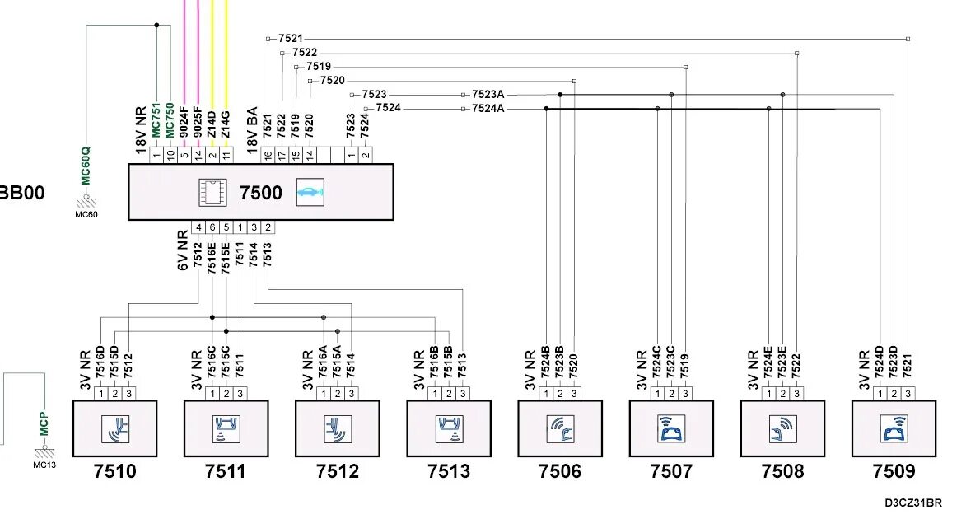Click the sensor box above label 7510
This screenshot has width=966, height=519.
[x=115, y=428]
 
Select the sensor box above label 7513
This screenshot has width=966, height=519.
[x=449, y=428]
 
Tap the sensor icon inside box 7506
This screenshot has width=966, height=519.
[x=560, y=428]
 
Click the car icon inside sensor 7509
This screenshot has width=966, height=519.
[x=894, y=428]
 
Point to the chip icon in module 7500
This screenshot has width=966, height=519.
[x=212, y=192]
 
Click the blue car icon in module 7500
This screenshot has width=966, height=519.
[x=310, y=192]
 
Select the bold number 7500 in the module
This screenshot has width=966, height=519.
[x=260, y=194]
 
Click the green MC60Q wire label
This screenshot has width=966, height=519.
[x=85, y=165]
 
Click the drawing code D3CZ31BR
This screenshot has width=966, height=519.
[x=912, y=503]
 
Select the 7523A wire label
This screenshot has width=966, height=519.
[x=488, y=95]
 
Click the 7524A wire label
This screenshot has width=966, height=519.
[x=488, y=109]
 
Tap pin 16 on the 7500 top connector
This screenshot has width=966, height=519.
[x=267, y=154]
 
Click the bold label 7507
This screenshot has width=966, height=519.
[x=671, y=471]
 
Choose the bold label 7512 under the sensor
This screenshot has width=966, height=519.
[x=338, y=471]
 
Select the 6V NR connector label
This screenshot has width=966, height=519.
[x=183, y=250]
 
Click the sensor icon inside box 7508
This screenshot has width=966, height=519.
[x=782, y=428]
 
